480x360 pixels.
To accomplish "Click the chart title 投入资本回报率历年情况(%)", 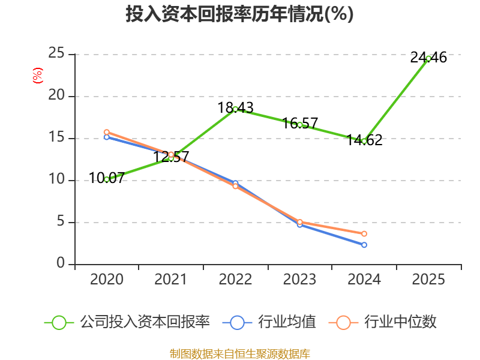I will [x=239, y=14].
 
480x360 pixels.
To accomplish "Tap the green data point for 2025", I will [x=428, y=58].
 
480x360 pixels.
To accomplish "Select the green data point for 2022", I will [x=235, y=109].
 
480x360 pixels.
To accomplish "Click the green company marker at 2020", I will [x=107, y=179].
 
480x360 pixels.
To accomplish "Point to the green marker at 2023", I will [x=300, y=125].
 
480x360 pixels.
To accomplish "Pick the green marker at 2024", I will [x=364, y=141].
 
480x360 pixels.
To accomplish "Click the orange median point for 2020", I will [x=107, y=132].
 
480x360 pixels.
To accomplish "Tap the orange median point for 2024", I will [x=364, y=233].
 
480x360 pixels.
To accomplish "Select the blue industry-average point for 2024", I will [x=364, y=245].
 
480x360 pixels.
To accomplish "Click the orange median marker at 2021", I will [x=171, y=154].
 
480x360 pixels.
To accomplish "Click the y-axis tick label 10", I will [x=56, y=180].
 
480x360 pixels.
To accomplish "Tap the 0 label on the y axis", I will [x=61, y=264].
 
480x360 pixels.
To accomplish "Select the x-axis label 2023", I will [x=300, y=280].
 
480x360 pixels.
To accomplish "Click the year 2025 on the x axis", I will [x=428, y=280].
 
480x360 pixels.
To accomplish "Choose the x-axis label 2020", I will [x=107, y=280].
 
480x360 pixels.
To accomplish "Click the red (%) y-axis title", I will [x=38, y=76].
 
